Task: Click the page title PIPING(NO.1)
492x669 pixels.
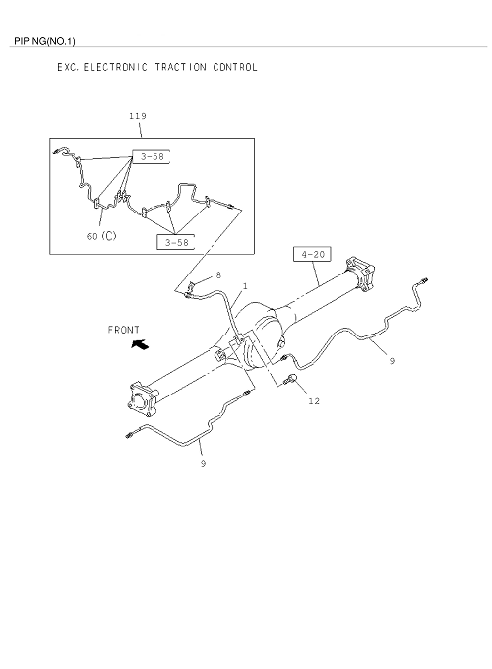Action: tap(44, 41)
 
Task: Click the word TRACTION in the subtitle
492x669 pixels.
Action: tap(180, 67)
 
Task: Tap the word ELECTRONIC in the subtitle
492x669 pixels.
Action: tap(115, 67)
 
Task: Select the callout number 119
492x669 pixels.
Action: tap(138, 116)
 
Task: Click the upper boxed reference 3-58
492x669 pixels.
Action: tap(152, 156)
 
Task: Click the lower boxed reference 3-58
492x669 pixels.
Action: tap(176, 242)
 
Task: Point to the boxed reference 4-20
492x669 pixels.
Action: tap(312, 254)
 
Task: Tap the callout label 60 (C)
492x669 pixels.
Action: tap(101, 235)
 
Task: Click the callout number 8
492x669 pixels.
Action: tap(218, 275)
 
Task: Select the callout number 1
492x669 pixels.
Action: tap(245, 286)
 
